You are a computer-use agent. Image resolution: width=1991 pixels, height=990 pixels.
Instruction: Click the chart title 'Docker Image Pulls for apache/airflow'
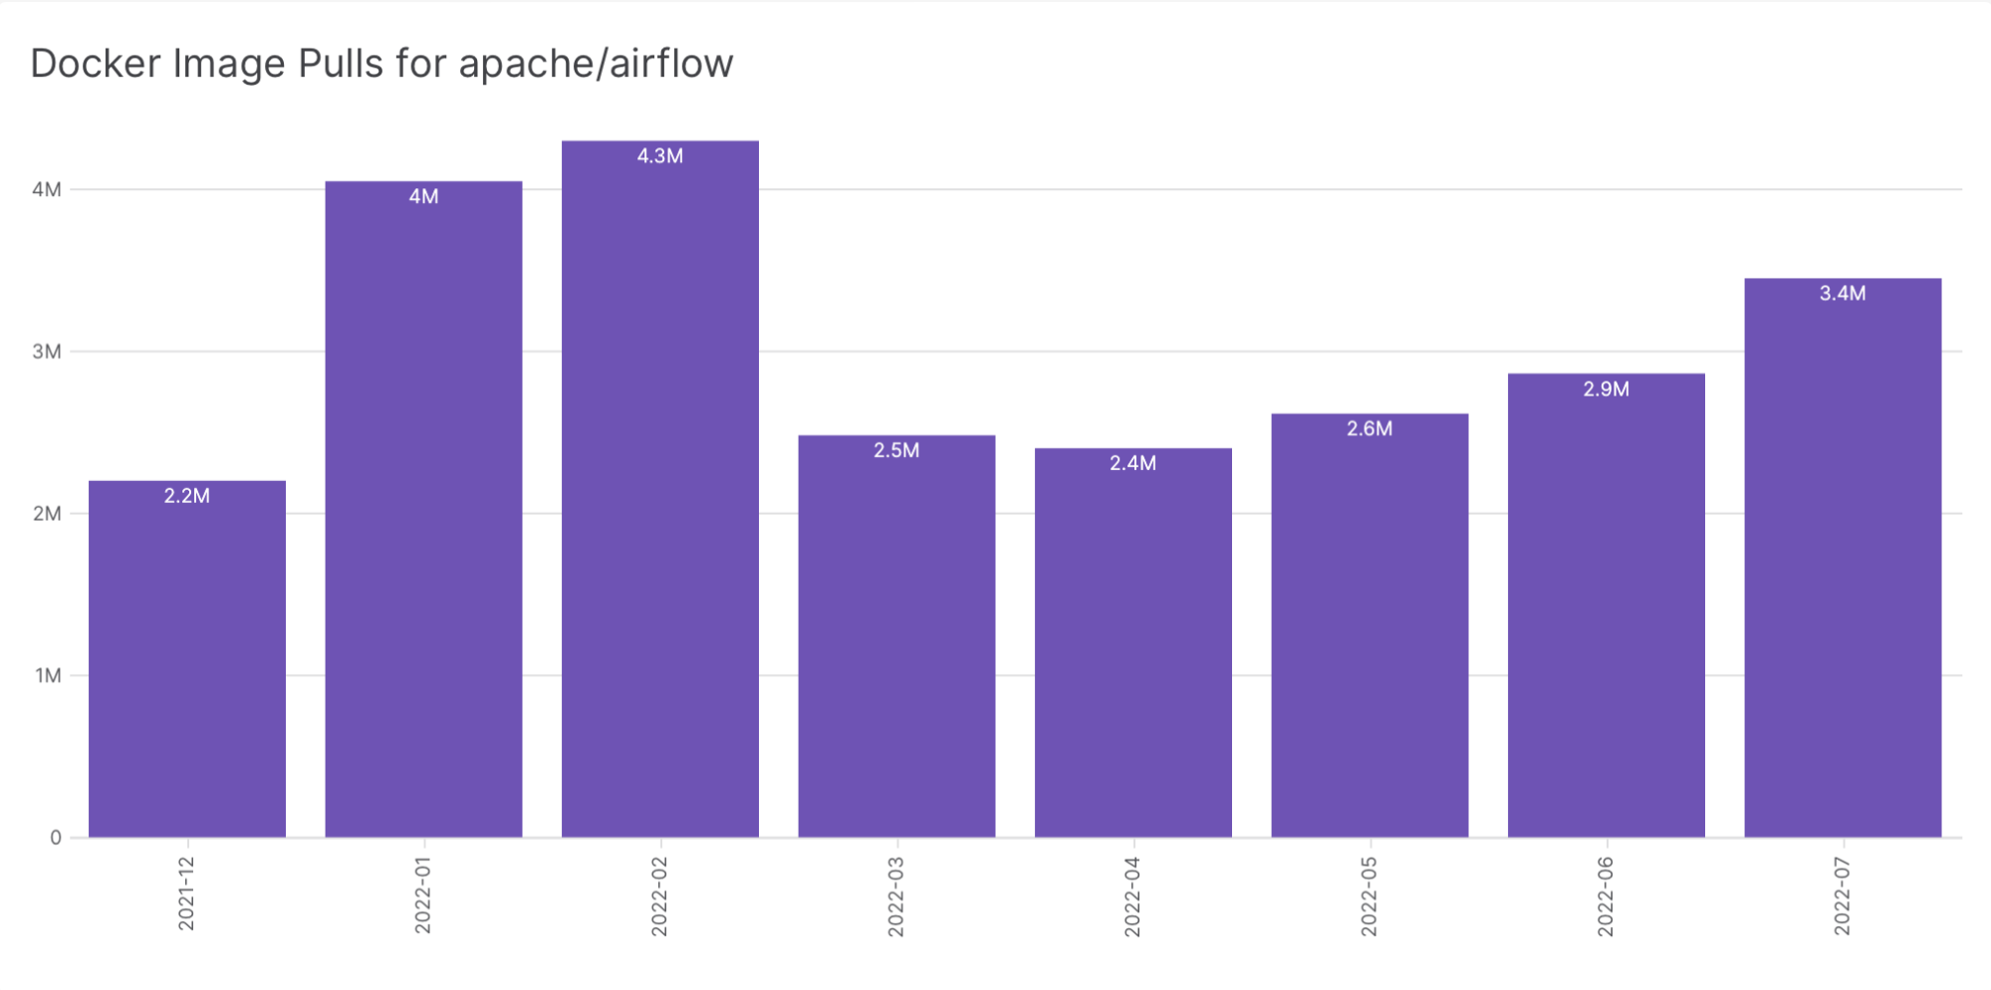coord(381,64)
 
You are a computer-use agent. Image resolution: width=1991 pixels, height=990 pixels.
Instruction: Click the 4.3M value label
coord(659,156)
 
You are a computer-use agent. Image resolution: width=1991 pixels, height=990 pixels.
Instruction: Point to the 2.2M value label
coord(187,496)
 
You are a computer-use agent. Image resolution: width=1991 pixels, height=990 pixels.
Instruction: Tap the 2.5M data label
coord(896,450)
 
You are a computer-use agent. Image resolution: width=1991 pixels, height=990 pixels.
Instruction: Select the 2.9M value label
coord(1606,389)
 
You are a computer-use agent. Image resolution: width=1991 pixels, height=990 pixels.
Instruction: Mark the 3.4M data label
coord(1843,294)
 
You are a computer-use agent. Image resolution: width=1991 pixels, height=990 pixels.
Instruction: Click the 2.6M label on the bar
coord(1369,429)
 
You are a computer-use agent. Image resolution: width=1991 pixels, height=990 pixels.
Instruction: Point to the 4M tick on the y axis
coord(47,189)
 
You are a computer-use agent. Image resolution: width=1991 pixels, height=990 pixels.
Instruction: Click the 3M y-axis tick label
coord(47,352)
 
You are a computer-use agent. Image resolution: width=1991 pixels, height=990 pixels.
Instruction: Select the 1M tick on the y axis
coord(48,676)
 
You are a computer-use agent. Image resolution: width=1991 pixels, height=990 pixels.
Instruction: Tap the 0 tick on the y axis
coord(56,838)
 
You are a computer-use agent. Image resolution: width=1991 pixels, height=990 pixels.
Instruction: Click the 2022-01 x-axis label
coord(423,895)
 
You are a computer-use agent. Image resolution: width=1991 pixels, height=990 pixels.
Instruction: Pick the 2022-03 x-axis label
coord(896,895)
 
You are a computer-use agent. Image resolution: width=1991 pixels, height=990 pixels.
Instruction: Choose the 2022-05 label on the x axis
coord(1369,895)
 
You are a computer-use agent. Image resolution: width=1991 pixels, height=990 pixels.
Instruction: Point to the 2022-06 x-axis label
coord(1606,895)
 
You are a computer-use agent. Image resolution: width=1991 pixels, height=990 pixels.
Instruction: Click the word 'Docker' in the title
coord(96,64)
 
